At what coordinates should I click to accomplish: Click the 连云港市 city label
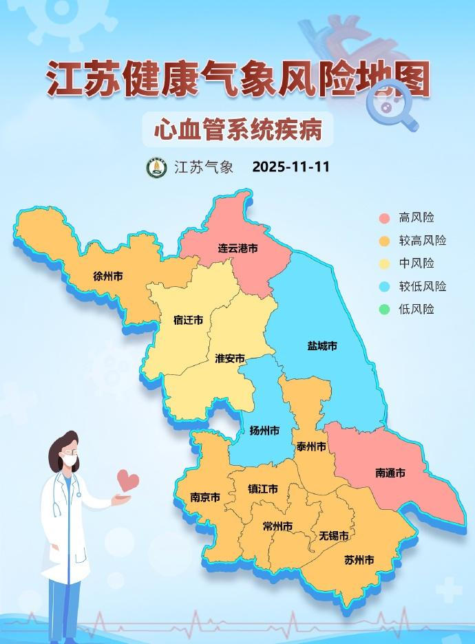[x=237, y=248]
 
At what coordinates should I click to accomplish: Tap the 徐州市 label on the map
[x=108, y=277]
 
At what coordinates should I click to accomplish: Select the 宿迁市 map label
[x=188, y=320]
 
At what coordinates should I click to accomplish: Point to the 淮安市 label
[x=230, y=358]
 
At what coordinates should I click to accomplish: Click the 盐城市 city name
[x=322, y=346]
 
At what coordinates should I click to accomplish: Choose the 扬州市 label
[x=264, y=431]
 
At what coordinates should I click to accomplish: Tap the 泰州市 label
[x=311, y=447]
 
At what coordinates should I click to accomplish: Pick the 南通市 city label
[x=390, y=473]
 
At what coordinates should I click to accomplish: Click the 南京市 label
[x=205, y=497]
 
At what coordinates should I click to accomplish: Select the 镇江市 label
[x=263, y=489]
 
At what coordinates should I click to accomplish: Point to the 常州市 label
[x=277, y=526]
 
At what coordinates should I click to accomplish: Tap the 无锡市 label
[x=333, y=535]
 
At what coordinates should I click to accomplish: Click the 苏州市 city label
[x=359, y=560]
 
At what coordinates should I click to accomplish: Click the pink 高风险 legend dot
[x=385, y=218]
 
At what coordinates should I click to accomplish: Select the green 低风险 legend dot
[x=385, y=310]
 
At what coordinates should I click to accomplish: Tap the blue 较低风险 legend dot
[x=385, y=287]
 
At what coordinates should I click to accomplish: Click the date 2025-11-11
[x=291, y=167]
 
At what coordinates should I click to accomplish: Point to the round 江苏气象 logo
[x=156, y=167]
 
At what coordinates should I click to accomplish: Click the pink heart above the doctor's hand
[x=127, y=480]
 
